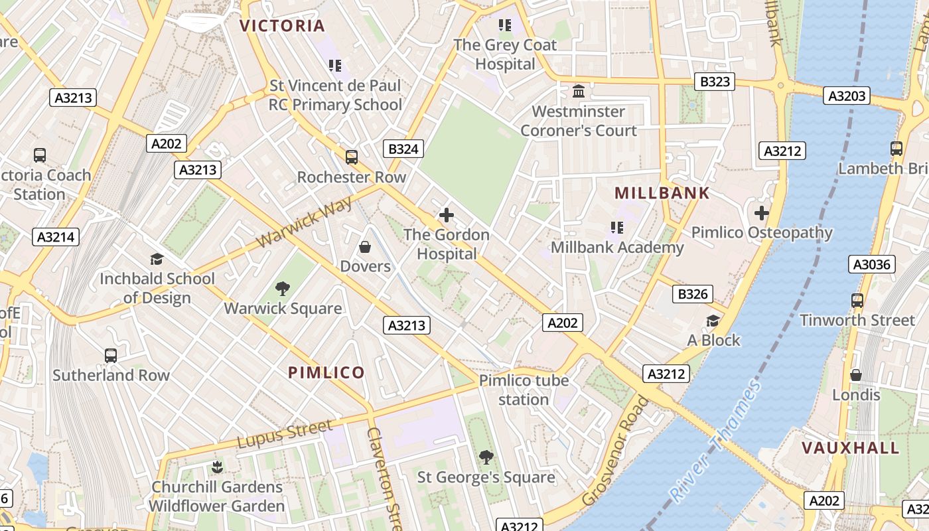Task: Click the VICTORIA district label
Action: [282, 26]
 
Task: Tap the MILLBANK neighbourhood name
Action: [662, 193]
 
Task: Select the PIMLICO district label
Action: [326, 372]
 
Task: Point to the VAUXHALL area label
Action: [851, 447]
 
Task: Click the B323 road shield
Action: [715, 82]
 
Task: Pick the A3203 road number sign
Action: [847, 96]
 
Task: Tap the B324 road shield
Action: [403, 149]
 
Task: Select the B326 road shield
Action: [692, 294]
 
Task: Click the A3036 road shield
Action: [872, 265]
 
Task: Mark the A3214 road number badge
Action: [56, 237]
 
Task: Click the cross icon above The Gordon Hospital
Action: [447, 215]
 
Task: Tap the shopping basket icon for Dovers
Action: [364, 248]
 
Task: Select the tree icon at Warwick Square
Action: [283, 289]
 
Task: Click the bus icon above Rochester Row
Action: [351, 157]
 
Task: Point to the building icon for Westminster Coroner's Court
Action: [578, 91]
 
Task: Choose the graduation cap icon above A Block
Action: [713, 321]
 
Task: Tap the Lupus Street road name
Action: [285, 435]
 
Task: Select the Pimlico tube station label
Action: [524, 390]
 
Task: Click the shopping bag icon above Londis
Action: [856, 375]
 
